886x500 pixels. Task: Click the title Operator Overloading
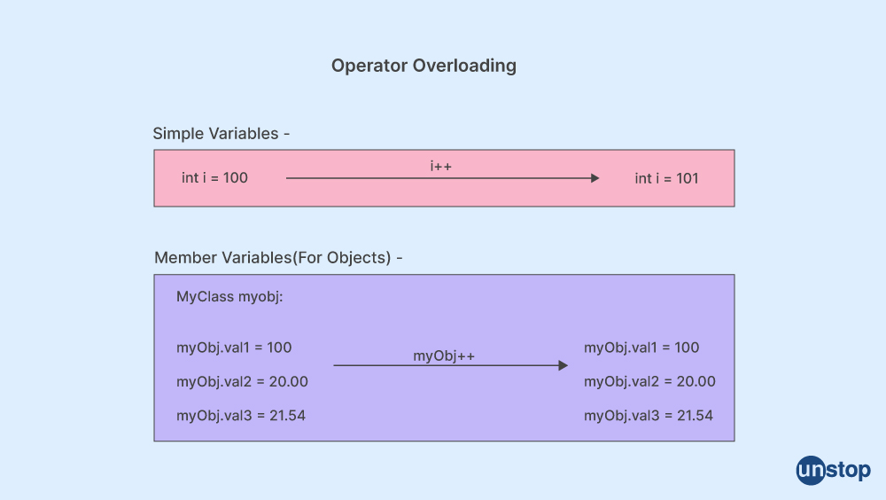tap(424, 66)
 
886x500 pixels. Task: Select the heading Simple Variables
tap(216, 134)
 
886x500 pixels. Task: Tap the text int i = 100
tap(214, 177)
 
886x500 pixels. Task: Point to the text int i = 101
tap(667, 178)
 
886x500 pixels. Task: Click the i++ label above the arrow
tap(440, 166)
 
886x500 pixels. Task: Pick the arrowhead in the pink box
tap(595, 178)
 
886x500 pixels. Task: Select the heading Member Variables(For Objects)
tap(273, 258)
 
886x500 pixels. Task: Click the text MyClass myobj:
tap(229, 296)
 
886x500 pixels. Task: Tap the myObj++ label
tap(444, 355)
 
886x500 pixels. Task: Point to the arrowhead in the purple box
tap(563, 365)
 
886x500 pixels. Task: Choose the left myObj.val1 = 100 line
tap(234, 348)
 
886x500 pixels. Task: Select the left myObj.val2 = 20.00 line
tap(243, 381)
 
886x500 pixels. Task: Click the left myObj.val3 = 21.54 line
tap(241, 415)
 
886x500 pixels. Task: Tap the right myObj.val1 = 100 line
tap(641, 348)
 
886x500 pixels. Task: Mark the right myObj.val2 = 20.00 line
tap(649, 381)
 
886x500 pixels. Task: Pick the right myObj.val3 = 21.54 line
tap(649, 415)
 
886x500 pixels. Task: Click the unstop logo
tap(834, 470)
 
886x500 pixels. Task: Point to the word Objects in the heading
tap(359, 258)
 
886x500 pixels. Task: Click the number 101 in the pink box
tap(688, 178)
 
